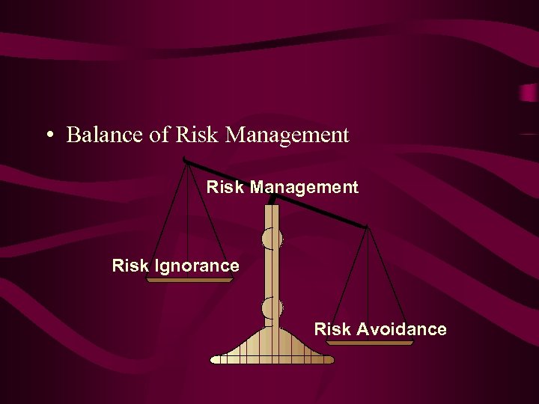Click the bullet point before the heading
coord(49,136)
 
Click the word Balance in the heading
coord(97,135)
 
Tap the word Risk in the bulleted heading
coord(195,135)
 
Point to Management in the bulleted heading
coord(287,136)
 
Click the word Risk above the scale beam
coord(225,187)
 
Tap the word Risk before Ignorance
coord(130,266)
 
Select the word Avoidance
coord(401,329)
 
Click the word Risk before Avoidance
coord(332,329)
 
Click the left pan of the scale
coord(189,281)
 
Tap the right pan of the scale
coord(370,343)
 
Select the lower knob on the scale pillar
coord(272,307)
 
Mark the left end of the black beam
coord(185,161)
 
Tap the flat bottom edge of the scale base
coord(272,361)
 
